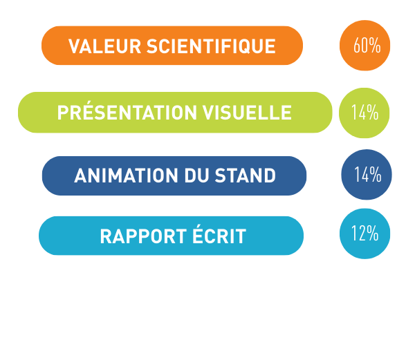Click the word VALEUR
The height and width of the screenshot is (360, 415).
[104, 46]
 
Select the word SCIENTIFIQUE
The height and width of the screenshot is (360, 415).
[211, 46]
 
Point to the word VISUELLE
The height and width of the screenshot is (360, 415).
[247, 113]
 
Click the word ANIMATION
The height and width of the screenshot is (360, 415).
[127, 176]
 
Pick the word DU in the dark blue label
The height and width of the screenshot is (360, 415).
[196, 176]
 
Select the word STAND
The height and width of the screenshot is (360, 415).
[245, 176]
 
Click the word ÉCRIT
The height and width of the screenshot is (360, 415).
[219, 234]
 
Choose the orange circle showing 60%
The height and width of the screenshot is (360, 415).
[365, 46]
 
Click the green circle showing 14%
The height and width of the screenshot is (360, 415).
[365, 113]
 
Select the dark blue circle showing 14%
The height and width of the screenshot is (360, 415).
[367, 174]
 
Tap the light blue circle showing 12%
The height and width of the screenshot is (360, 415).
[365, 234]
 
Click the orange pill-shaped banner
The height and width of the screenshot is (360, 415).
[172, 46]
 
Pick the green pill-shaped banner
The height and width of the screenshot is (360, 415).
[175, 113]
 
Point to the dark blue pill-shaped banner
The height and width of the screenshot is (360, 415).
[174, 176]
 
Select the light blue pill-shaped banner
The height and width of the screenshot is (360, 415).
[172, 236]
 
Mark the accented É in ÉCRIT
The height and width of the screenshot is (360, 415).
[198, 234]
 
